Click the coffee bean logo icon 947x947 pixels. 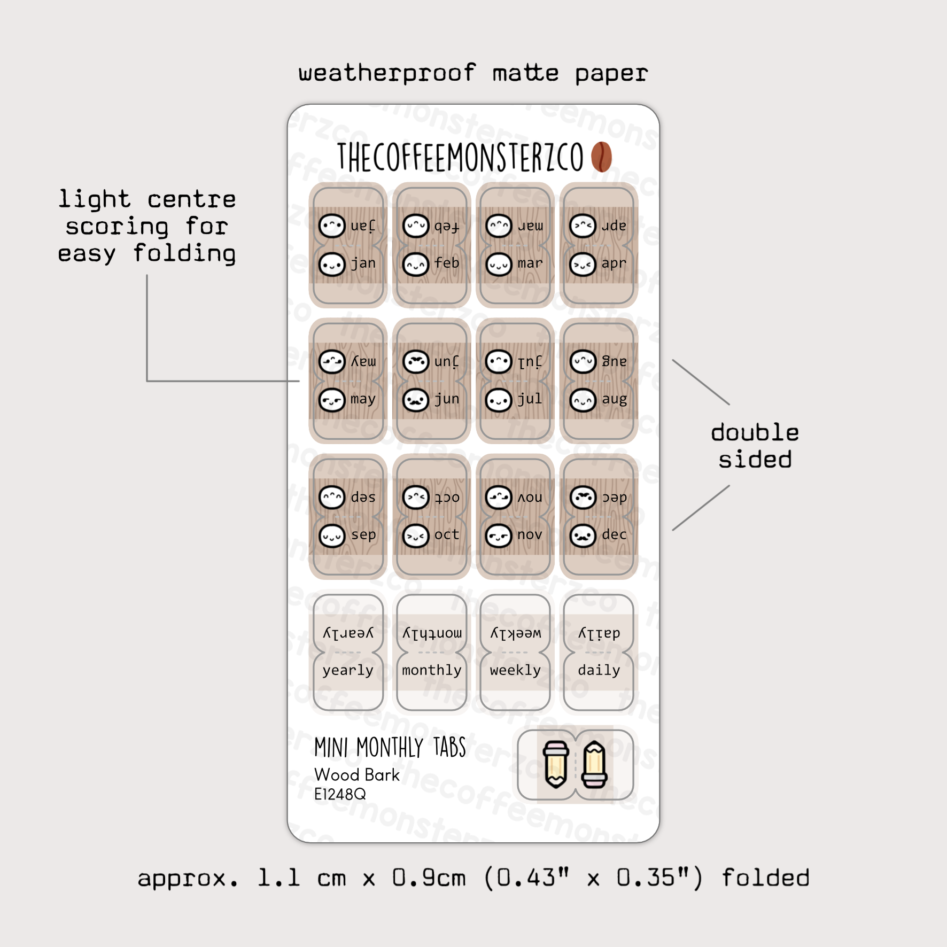pos(601,157)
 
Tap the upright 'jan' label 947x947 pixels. pos(363,263)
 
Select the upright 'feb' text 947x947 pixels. pos(447,263)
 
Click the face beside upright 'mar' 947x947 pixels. pos(499,264)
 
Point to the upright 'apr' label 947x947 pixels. pos(614,263)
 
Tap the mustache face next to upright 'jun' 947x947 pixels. pos(416,400)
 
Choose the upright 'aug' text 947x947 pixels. pos(614,399)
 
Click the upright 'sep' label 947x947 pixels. pos(363,535)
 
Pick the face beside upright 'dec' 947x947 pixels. pos(583,535)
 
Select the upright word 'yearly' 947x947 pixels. pos(348,671)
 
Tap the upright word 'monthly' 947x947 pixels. pos(432,670)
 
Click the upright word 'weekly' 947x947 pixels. pos(515,670)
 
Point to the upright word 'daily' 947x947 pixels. pos(599,670)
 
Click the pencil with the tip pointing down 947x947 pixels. pos(555,764)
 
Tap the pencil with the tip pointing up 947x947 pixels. pos(594,764)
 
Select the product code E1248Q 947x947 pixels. pos(340,794)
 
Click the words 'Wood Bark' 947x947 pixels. pos(357,775)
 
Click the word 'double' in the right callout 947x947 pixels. pos(755,432)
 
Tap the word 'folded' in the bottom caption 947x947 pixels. pos(765,878)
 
